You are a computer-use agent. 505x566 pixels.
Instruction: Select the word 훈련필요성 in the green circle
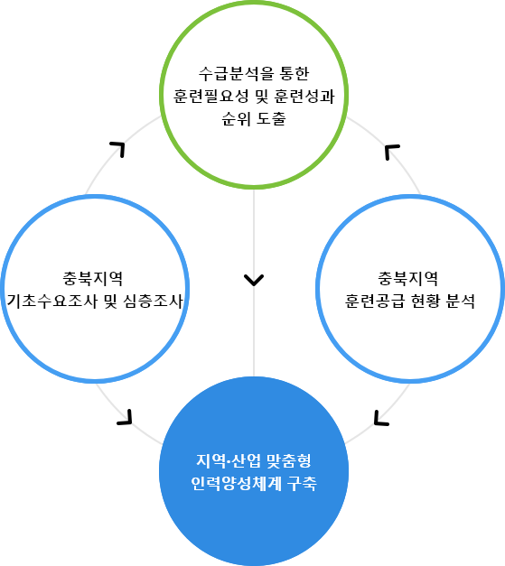[211, 96]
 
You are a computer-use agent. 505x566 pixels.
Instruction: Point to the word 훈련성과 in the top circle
[304, 96]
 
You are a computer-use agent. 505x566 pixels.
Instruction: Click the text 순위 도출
[254, 118]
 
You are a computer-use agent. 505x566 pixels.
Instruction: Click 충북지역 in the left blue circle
[93, 278]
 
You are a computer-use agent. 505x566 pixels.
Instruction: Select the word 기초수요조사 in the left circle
[52, 301]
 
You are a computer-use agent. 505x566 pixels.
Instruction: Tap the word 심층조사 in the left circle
[154, 301]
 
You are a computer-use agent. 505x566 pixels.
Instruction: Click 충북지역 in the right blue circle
[407, 278]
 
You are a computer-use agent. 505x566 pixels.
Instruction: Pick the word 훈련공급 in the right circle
[375, 301]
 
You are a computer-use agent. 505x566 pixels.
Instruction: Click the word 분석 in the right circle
[461, 301]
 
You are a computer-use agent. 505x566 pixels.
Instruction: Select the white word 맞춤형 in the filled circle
[288, 460]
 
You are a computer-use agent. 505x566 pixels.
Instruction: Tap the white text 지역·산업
[229, 460]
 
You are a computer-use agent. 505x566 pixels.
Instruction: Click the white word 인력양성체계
[237, 483]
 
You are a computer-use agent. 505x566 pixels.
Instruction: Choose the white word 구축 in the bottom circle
[302, 483]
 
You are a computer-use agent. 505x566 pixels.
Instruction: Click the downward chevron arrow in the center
[254, 280]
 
